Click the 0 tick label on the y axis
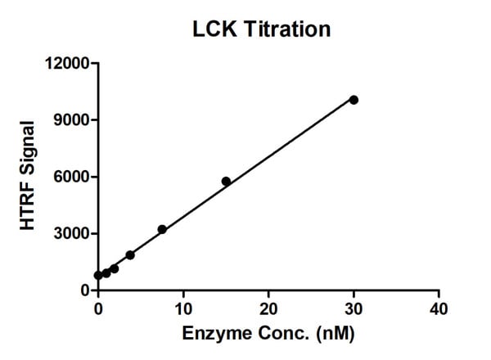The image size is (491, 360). pyautogui.click(x=85, y=290)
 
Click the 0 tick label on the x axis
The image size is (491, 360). pyautogui.click(x=98, y=308)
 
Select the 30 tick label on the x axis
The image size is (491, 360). pyautogui.click(x=354, y=308)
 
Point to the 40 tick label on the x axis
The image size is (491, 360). pyautogui.click(x=439, y=308)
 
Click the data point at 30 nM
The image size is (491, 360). pyautogui.click(x=354, y=100)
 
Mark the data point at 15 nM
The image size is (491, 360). pyautogui.click(x=226, y=181)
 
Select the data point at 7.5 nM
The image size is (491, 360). pyautogui.click(x=162, y=229)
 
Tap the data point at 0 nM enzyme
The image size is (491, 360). pyautogui.click(x=98, y=276)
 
